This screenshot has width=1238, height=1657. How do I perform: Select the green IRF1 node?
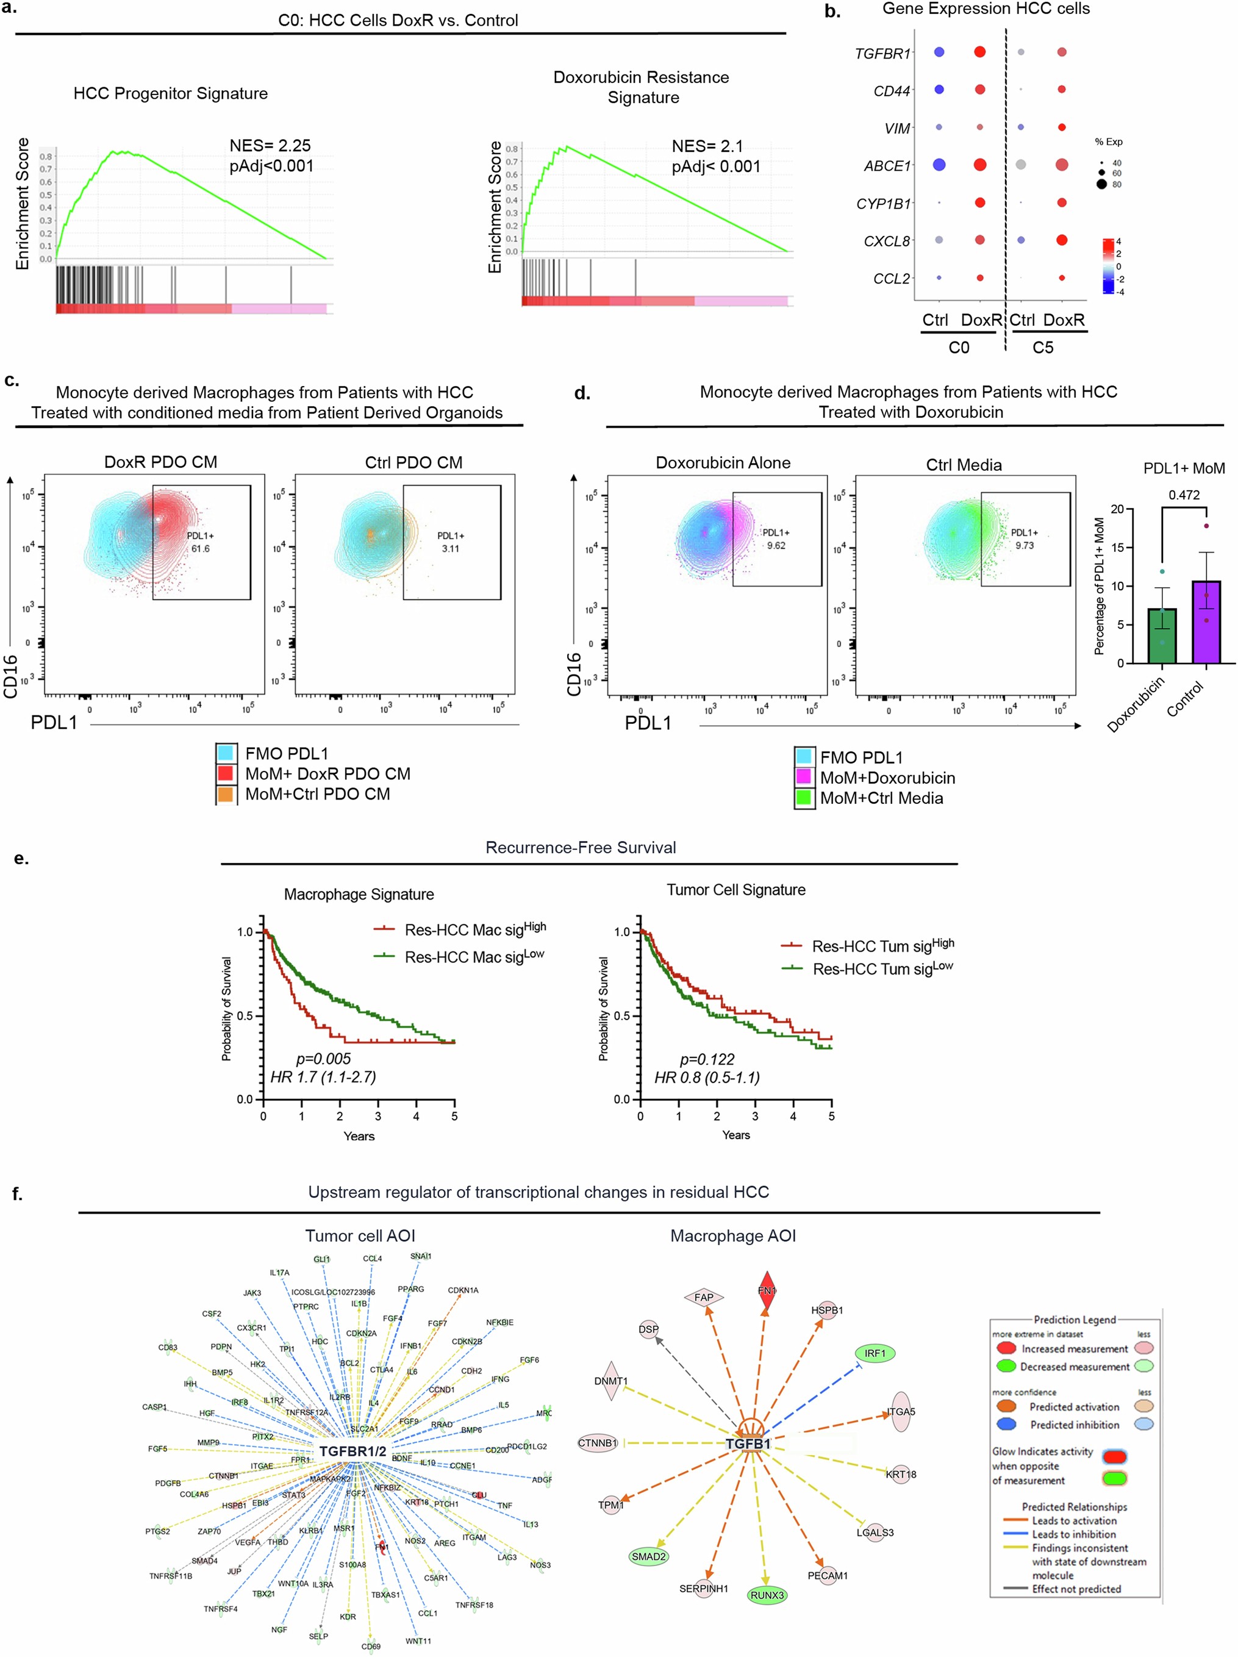pyautogui.click(x=875, y=1353)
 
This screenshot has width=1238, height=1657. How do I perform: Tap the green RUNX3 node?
pyautogui.click(x=767, y=1595)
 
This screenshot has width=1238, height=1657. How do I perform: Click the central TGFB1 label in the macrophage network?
pyautogui.click(x=748, y=1444)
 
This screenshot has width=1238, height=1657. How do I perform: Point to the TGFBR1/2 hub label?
pyautogui.click(x=352, y=1451)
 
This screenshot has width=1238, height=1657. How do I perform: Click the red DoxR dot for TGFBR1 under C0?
pyautogui.click(x=979, y=52)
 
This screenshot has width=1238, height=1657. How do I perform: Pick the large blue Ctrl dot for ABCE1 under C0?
pyautogui.click(x=939, y=164)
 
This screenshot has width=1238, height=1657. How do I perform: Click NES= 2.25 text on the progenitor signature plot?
pyautogui.click(x=270, y=145)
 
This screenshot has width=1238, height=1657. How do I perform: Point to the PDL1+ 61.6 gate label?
pyautogui.click(x=200, y=542)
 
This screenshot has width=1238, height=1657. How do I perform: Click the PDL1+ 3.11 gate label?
pyautogui.click(x=450, y=542)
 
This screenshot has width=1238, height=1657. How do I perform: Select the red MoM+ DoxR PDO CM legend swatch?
pyautogui.click(x=226, y=773)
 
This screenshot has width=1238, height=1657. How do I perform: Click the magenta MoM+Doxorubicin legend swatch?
pyautogui.click(x=804, y=777)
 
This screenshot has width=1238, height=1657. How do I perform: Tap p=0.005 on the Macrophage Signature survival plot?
pyautogui.click(x=323, y=1059)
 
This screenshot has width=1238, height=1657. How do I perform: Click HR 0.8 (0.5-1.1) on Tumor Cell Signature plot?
pyautogui.click(x=706, y=1077)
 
